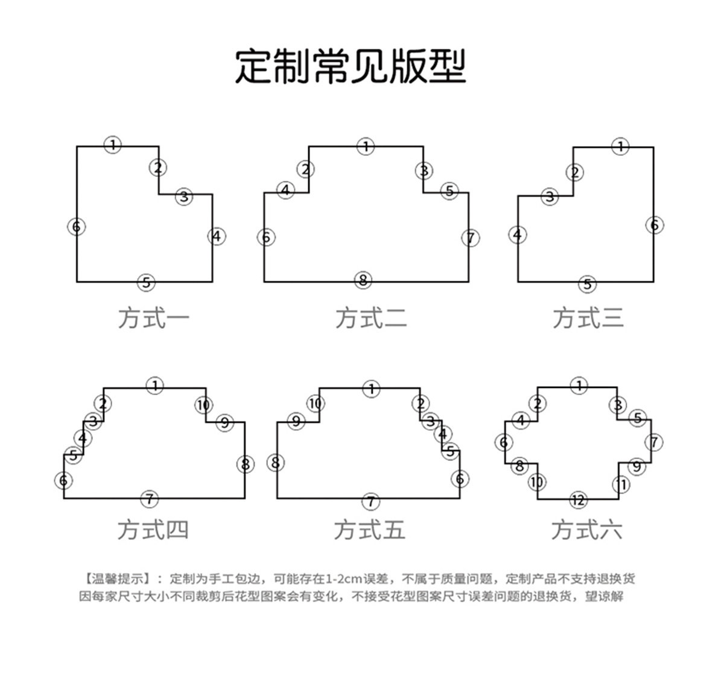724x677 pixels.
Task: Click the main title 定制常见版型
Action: [351, 66]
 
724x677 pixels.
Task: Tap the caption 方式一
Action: [153, 318]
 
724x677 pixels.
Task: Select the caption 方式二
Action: [371, 318]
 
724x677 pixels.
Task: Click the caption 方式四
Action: [153, 530]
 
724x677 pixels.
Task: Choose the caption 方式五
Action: [369, 530]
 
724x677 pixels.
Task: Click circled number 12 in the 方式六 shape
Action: [578, 500]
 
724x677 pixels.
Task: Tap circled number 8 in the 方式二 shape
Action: [363, 280]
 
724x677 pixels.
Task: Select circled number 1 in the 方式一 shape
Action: [113, 145]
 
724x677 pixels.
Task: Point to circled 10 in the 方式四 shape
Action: [203, 405]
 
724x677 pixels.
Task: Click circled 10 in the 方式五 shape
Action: [316, 403]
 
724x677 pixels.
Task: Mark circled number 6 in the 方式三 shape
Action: [655, 225]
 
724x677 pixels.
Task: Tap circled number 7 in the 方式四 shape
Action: [149, 499]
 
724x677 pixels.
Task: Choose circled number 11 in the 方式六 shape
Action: [621, 484]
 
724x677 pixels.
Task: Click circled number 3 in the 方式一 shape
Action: [184, 196]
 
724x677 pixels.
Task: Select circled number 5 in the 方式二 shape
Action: [449, 191]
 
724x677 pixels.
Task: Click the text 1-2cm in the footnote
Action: [345, 579]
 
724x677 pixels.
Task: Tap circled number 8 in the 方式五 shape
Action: [275, 463]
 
